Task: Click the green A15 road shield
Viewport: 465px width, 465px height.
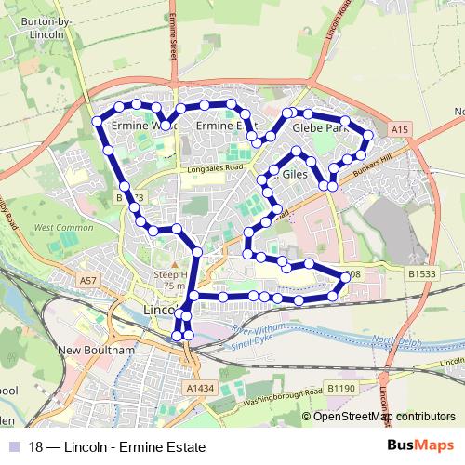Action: pos(401,127)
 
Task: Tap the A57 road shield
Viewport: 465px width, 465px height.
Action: pos(87,279)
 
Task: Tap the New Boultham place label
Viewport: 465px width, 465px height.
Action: pos(97,351)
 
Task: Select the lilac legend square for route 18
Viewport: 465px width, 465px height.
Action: pos(17,447)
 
